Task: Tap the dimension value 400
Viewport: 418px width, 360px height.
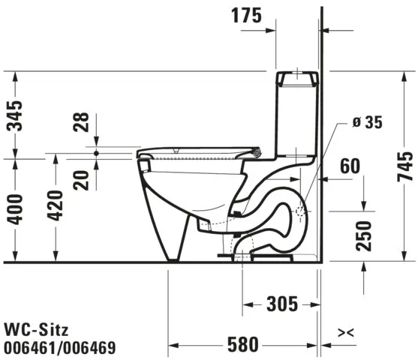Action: (14, 211)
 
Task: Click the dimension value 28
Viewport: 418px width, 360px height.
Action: (82, 122)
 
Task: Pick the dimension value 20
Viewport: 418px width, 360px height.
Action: (82, 180)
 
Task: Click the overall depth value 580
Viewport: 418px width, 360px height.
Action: (240, 344)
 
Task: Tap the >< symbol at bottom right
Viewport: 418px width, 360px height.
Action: (346, 331)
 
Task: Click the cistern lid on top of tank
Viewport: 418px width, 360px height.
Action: (299, 77)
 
